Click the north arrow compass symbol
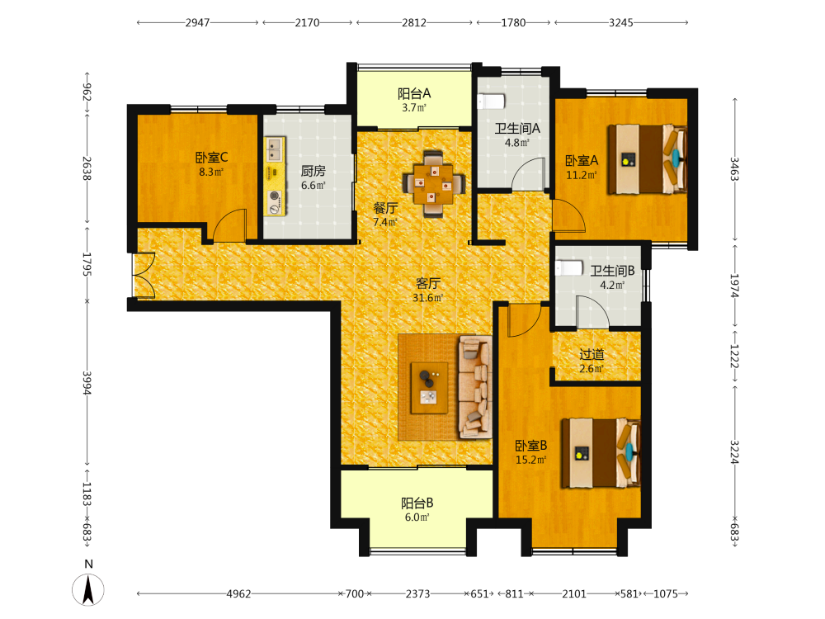[88, 589]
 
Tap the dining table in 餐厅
[434, 184]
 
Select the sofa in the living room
[476, 387]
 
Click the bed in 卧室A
[648, 159]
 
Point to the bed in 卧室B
[601, 453]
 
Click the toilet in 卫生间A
[491, 101]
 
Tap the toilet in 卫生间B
[569, 268]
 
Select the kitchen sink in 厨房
[274, 149]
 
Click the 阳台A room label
[414, 94]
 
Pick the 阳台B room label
[417, 503]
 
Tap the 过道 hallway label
[592, 355]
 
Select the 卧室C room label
[211, 158]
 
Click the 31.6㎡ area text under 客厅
[427, 298]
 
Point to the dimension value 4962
[239, 593]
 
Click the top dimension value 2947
[197, 22]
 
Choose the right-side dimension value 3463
[734, 169]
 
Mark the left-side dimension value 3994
[87, 383]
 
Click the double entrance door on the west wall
[143, 276]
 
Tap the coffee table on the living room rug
[429, 388]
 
